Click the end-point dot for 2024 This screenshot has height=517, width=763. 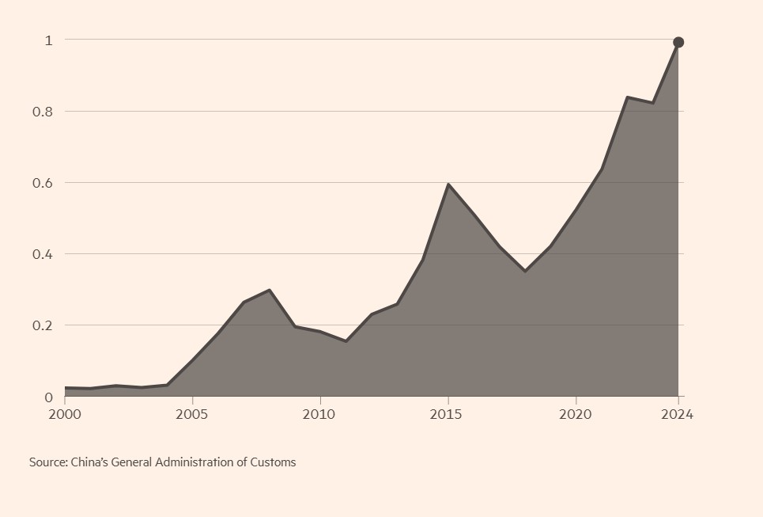[678, 43]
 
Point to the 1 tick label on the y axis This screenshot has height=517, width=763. [48, 40]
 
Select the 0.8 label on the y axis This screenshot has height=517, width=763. [43, 112]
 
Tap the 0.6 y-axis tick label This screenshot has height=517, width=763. [43, 183]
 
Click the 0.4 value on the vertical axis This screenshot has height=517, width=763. [43, 254]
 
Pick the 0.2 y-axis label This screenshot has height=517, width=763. [43, 325]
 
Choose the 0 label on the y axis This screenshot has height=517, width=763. [48, 397]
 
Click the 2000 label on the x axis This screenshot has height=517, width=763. [65, 415]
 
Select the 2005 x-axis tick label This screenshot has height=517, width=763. [192, 415]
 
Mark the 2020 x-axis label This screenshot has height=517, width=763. [576, 415]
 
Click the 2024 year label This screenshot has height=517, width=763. [678, 415]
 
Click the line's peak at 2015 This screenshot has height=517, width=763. [448, 184]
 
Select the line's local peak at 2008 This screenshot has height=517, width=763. [270, 290]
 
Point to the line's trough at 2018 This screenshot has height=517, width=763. [525, 271]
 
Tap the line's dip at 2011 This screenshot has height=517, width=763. [346, 341]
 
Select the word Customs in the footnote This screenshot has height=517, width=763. [273, 462]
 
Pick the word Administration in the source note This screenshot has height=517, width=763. [196, 462]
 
